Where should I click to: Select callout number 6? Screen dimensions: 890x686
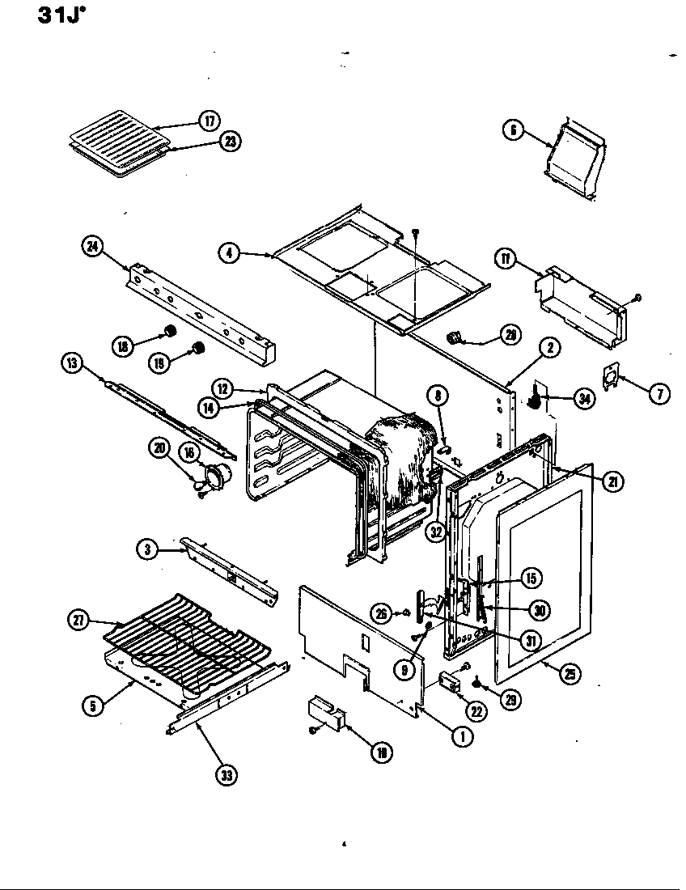pos(513,130)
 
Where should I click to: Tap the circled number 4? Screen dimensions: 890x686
pos(229,252)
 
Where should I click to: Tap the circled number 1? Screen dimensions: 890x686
pos(462,736)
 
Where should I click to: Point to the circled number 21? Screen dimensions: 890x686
pos(612,481)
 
